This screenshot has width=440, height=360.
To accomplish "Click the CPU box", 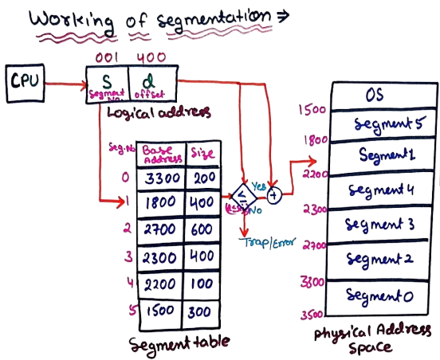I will tap(26, 82).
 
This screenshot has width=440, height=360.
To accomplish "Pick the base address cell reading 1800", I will tap(160, 203).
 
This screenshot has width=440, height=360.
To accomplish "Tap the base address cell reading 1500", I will tap(160, 310).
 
